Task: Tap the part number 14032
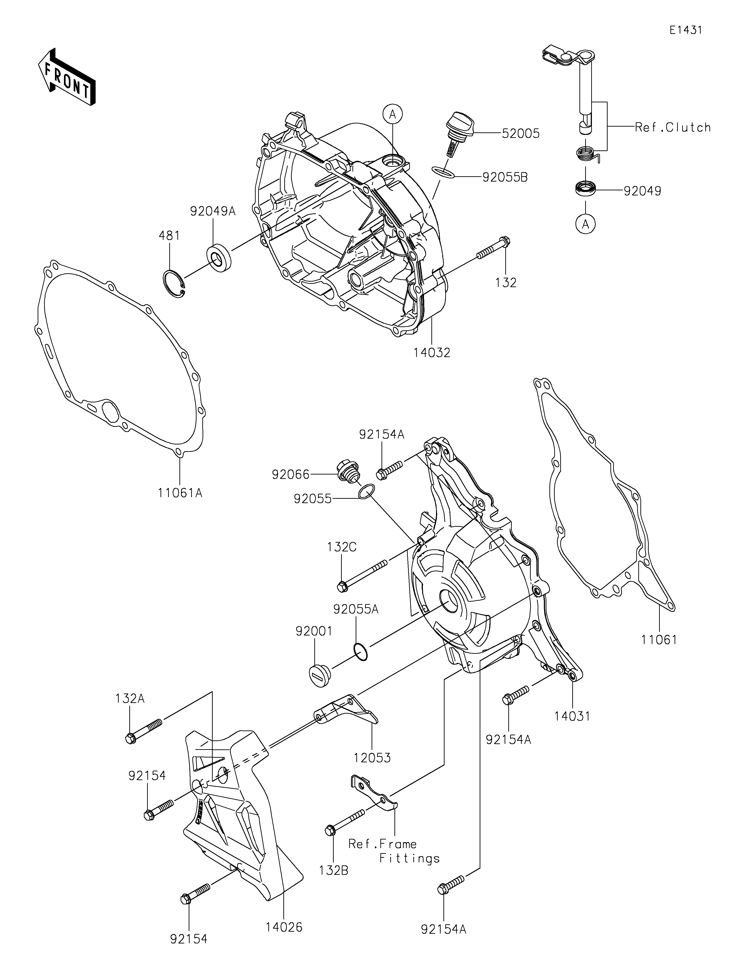432,353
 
